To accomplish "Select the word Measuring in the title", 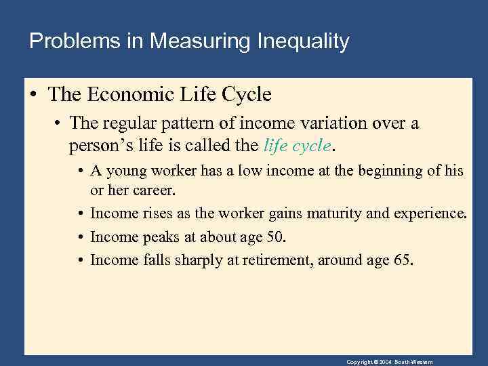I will point(201,42).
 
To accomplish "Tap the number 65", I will point(401,260).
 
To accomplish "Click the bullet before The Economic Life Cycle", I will point(33,96).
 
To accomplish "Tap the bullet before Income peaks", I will point(80,237).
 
